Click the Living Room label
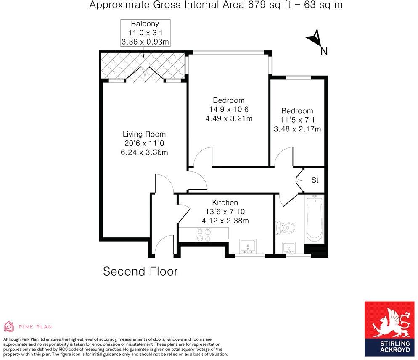point(144,134)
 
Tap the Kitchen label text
point(225,202)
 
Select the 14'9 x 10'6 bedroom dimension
point(228,109)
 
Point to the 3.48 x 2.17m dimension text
point(297,129)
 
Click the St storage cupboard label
point(315,180)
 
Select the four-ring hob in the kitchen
point(204,234)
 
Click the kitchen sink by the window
point(248,245)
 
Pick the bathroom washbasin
point(289,246)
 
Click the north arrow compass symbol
point(315,40)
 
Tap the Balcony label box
point(145,33)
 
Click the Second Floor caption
point(140,271)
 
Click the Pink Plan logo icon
point(8,326)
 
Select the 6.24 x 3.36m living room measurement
point(144,152)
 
